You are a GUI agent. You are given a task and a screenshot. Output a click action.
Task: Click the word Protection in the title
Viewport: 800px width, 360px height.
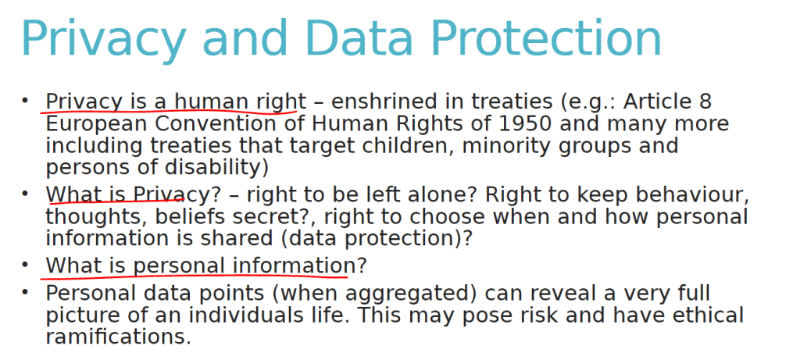[x=546, y=39]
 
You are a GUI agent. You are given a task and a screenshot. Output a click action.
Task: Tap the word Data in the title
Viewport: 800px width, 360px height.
[x=359, y=39]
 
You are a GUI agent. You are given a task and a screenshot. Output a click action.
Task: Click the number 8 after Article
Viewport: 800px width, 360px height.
[x=705, y=102]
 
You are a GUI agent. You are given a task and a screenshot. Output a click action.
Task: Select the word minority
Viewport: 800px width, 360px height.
[x=493, y=147]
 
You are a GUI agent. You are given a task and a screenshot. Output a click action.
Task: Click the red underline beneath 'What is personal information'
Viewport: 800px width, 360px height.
[x=194, y=277]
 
